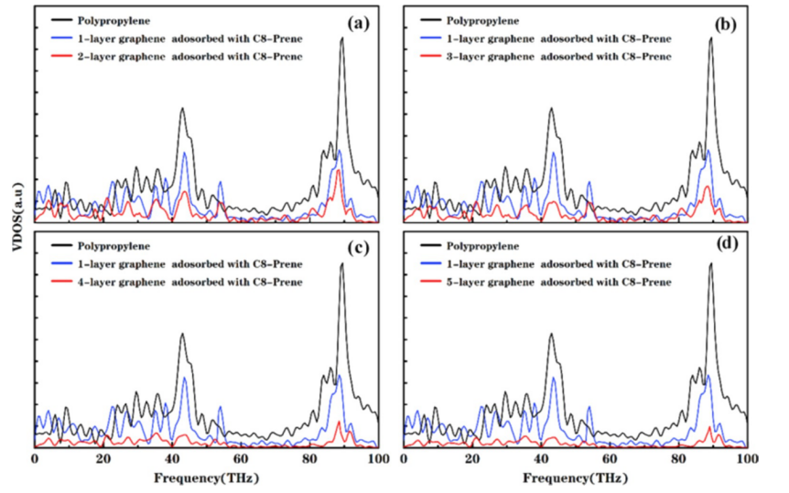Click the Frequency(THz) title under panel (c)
pyautogui.click(x=206, y=476)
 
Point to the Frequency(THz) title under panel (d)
pyautogui.click(x=575, y=476)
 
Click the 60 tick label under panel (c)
pyautogui.click(x=241, y=457)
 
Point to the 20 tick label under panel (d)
pyautogui.click(x=472, y=457)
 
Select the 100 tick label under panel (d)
pyautogui.click(x=746, y=457)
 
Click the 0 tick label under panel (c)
pyautogui.click(x=35, y=457)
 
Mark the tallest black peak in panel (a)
pyautogui.click(x=341, y=38)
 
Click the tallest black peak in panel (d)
pyautogui.click(x=710, y=264)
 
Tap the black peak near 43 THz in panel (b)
pyautogui.click(x=551, y=109)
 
